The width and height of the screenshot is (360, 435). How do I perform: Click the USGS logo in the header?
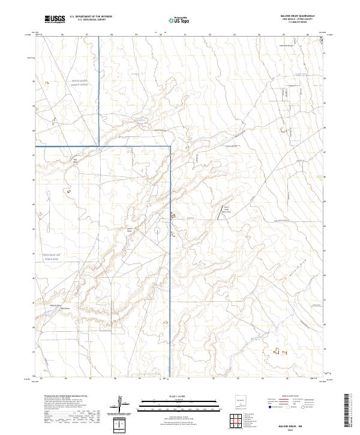(x=55, y=19)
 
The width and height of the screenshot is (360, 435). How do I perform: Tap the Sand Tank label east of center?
(x=225, y=211)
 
